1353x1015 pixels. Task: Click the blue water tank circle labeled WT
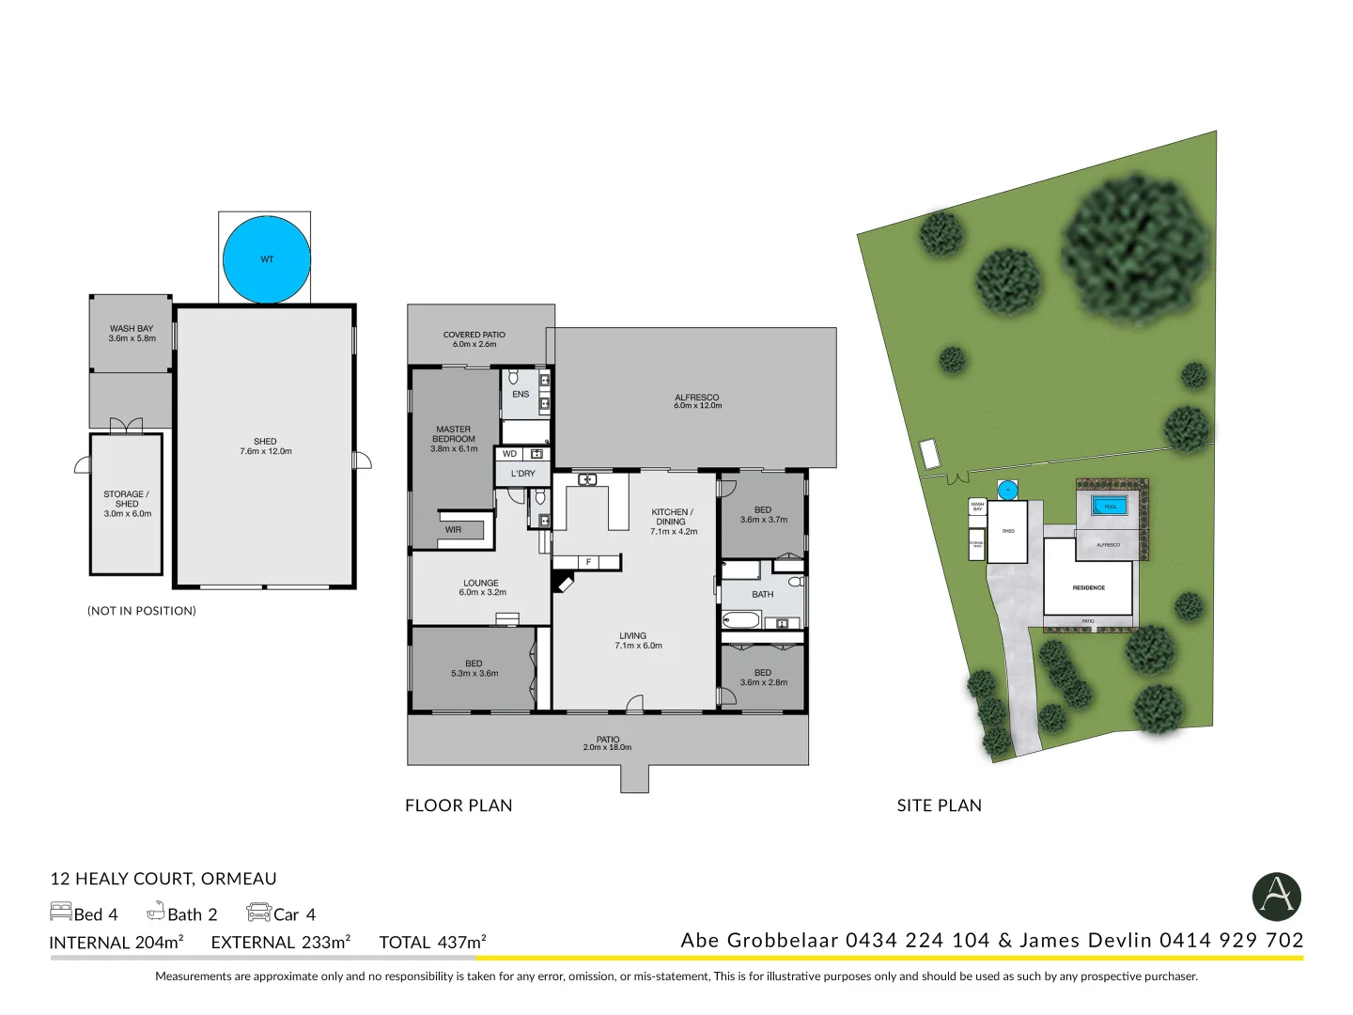pos(267,259)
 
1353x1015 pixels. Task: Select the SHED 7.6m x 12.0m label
pos(265,446)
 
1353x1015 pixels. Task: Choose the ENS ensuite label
pos(521,395)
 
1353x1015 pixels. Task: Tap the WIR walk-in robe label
pos(453,530)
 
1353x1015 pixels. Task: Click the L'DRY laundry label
pos(522,474)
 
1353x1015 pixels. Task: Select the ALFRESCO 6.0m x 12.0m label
pos(697,401)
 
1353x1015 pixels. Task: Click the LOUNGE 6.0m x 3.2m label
pos(481,587)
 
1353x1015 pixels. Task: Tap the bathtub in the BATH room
pos(740,620)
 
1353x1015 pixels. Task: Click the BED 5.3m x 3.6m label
pos(474,668)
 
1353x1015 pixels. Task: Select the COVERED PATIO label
pos(474,339)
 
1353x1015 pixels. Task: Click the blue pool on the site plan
pos(1110,507)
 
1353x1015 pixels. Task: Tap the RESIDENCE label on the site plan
pos(1088,587)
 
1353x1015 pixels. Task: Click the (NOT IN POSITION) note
pos(142,611)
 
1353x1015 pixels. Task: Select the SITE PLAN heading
pos(939,805)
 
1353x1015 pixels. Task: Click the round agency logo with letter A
pos(1276,896)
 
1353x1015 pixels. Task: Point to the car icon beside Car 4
pos(258,913)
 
